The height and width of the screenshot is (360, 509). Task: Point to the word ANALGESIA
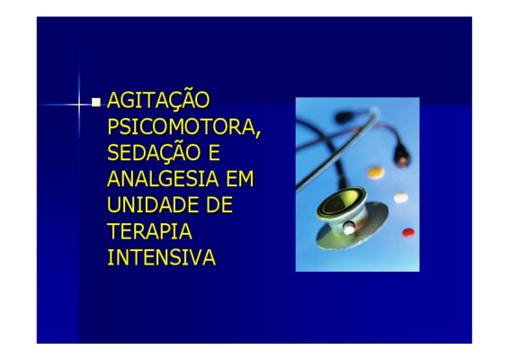click(163, 178)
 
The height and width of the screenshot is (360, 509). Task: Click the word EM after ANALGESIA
click(240, 178)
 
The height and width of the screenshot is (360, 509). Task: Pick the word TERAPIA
click(149, 230)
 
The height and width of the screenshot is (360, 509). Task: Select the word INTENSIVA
click(161, 257)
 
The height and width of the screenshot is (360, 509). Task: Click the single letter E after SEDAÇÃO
click(214, 152)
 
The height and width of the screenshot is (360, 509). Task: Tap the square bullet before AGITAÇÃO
click(96, 102)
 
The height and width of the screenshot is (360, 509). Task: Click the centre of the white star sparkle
click(78, 104)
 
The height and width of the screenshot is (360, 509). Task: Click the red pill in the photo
click(408, 232)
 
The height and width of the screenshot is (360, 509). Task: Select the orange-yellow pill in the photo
click(376, 172)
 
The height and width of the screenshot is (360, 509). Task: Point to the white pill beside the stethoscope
click(401, 197)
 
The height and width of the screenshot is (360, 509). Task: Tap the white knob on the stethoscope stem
click(349, 229)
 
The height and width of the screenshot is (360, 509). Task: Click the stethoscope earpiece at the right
click(402, 157)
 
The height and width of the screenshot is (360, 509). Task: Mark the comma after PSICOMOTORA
click(258, 134)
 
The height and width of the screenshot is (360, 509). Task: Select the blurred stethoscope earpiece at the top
click(345, 117)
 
